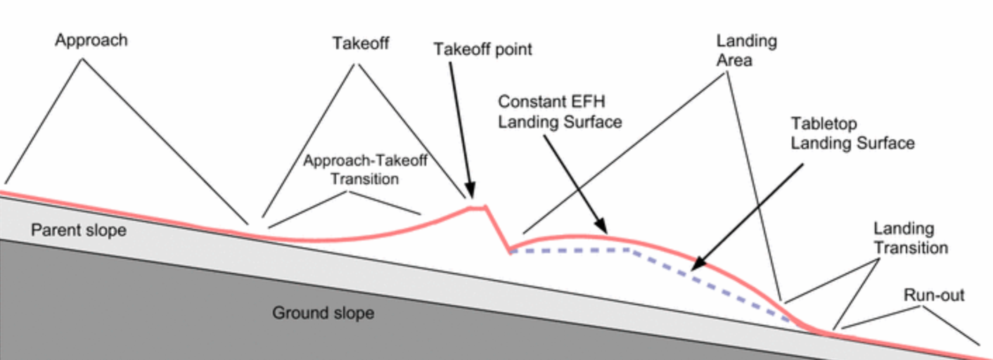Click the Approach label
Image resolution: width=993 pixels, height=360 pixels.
click(x=91, y=40)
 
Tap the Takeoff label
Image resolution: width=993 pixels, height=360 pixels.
click(x=360, y=44)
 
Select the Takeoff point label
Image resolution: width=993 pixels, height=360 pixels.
click(x=482, y=49)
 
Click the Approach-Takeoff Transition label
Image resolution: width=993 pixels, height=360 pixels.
click(x=365, y=169)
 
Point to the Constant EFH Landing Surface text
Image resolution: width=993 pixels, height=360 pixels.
click(x=560, y=112)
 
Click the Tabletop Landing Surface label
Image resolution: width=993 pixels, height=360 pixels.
click(x=852, y=134)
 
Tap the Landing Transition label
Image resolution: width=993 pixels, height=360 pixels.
click(x=911, y=238)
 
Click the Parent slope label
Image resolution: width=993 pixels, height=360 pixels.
click(x=79, y=230)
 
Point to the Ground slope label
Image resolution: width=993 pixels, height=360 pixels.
click(x=323, y=312)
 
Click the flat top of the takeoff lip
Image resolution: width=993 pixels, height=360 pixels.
click(x=478, y=207)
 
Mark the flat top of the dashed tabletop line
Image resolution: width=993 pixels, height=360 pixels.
click(x=570, y=250)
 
